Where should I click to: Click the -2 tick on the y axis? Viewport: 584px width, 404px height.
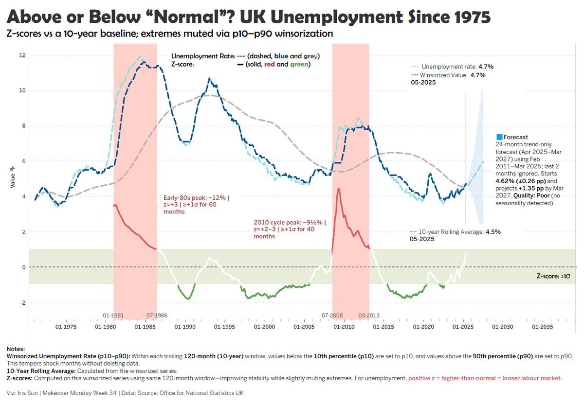[21, 302]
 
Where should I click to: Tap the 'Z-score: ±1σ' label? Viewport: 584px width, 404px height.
[554, 275]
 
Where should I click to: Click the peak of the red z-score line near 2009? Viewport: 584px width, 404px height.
[338, 189]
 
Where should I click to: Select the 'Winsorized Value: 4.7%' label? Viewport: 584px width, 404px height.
[448, 75]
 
